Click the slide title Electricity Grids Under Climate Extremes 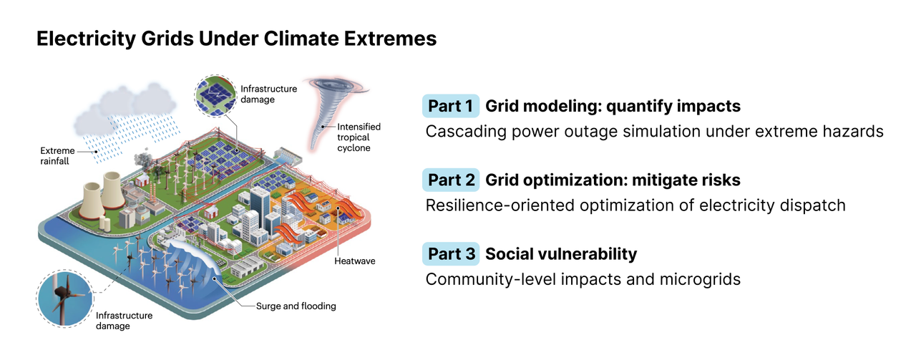236,39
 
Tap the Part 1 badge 451,106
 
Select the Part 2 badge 451,180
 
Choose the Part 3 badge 451,254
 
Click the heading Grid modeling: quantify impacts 613,107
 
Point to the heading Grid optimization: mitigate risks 613,180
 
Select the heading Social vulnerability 561,254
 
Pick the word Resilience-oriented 500,205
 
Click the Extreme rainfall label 57,156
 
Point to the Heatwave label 354,261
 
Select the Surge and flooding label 296,306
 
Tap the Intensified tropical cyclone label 359,137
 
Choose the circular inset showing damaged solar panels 215,96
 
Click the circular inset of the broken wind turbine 65,298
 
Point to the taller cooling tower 113,190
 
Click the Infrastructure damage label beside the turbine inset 124,321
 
